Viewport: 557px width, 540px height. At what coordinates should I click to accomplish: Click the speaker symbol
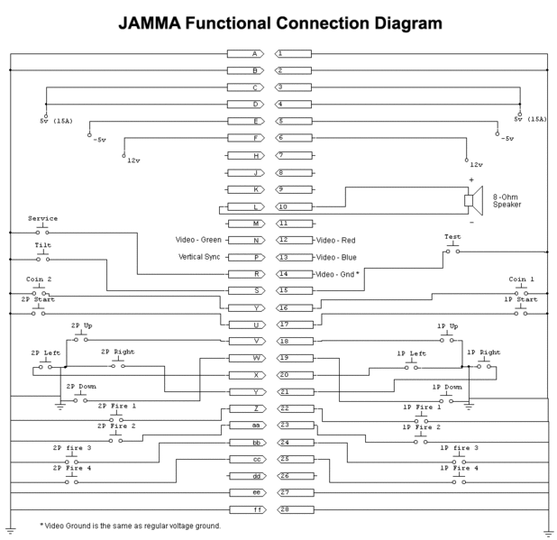tap(468, 199)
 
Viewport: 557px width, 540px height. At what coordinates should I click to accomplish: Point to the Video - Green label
tap(197, 240)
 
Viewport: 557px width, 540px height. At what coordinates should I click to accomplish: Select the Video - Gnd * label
tap(341, 274)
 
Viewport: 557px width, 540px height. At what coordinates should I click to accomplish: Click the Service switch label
tap(42, 218)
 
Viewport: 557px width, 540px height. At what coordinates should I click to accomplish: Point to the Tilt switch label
tap(42, 244)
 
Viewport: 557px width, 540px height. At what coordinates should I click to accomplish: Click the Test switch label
tap(452, 237)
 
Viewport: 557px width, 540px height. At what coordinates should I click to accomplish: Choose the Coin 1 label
tap(522, 279)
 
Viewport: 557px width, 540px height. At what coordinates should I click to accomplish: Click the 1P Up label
tap(447, 325)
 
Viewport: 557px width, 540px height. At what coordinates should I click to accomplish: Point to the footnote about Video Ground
tap(131, 526)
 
